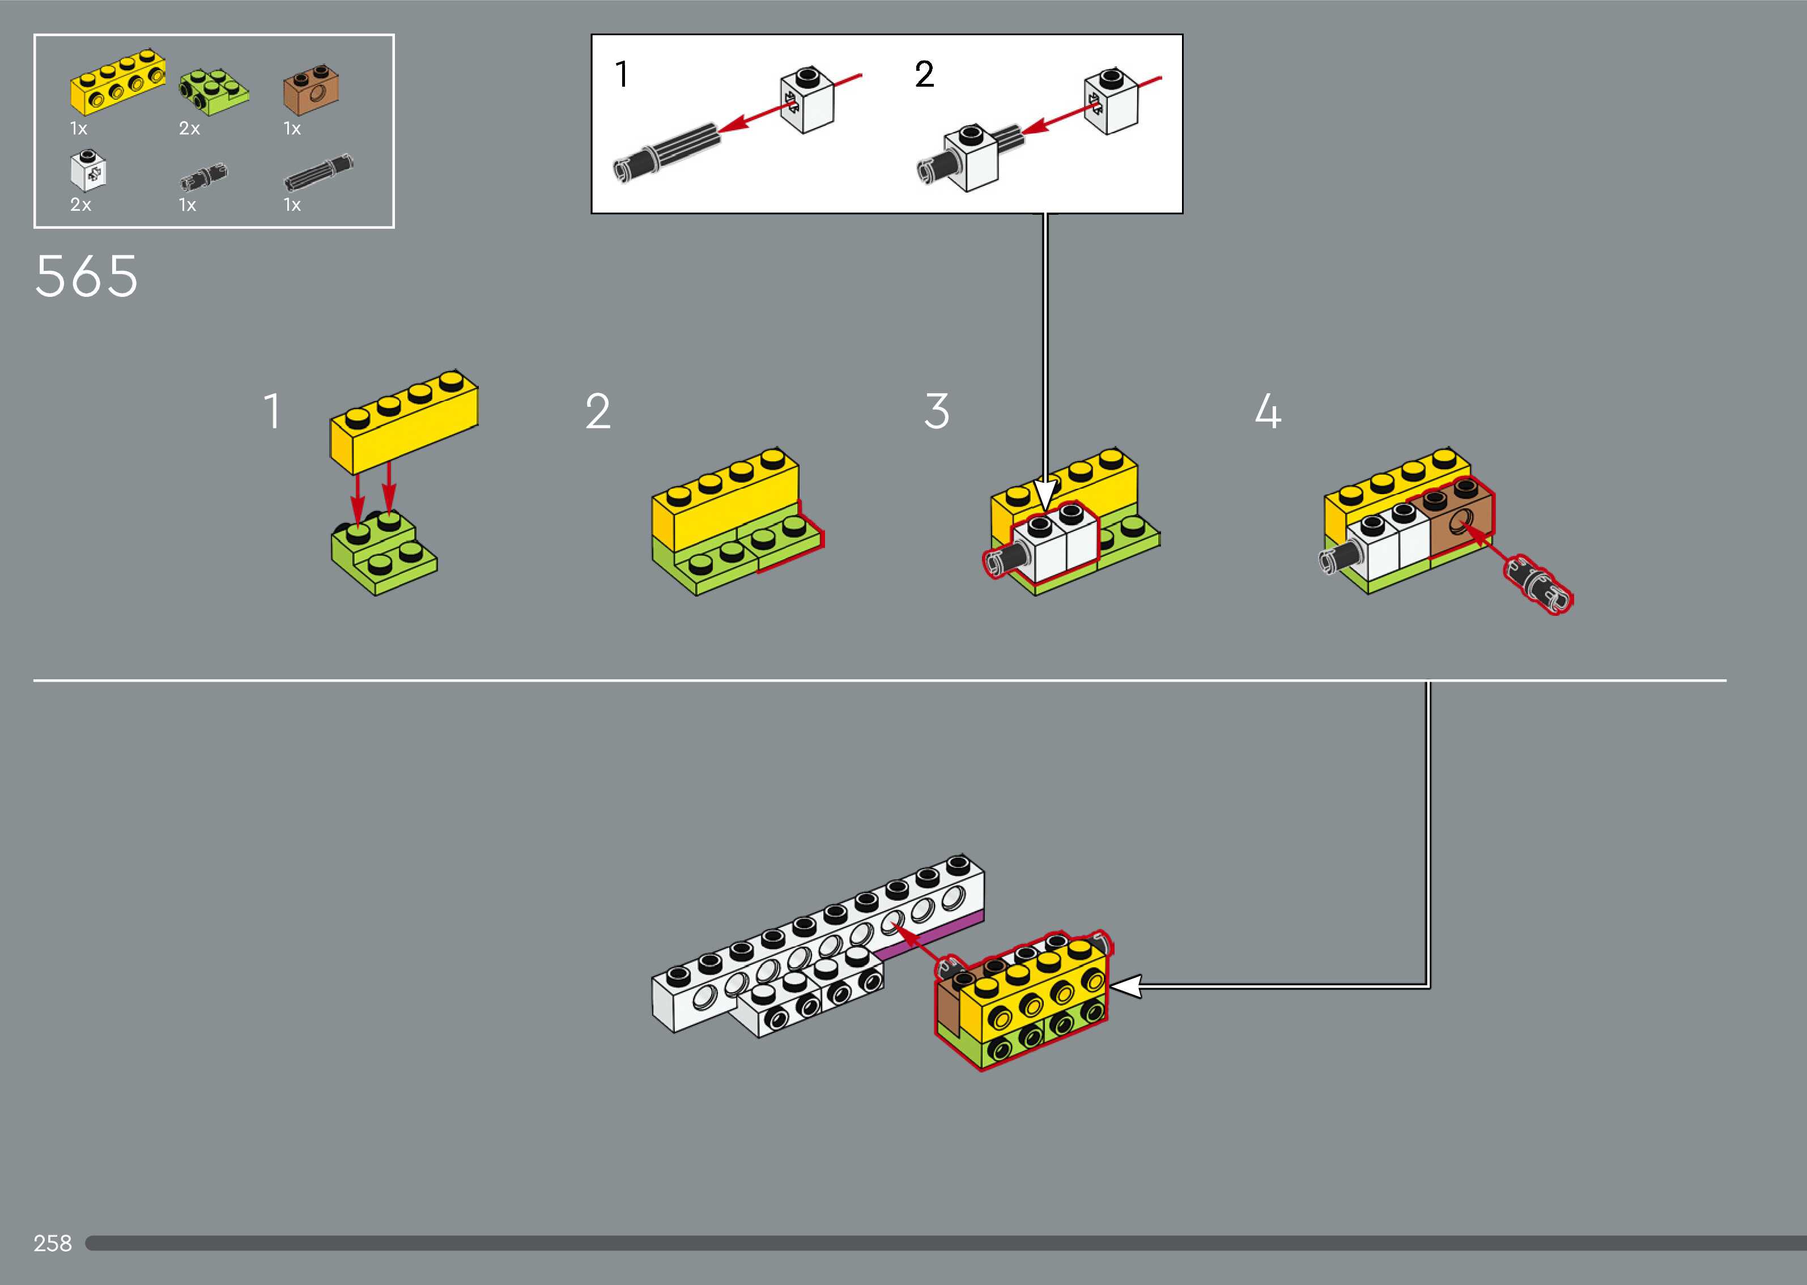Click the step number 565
[86, 277]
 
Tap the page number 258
[52, 1243]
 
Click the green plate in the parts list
[214, 88]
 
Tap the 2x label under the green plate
[189, 128]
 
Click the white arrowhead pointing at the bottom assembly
[1125, 986]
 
